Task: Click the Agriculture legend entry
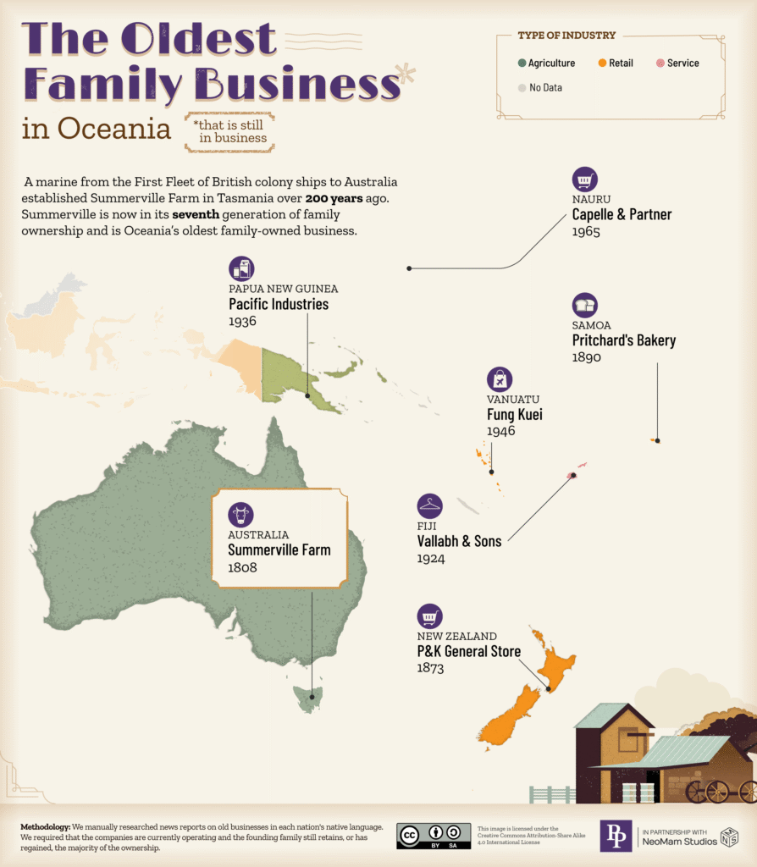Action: pos(546,64)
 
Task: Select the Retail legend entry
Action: pos(616,64)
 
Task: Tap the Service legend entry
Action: pos(677,64)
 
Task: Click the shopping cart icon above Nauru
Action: pos(584,179)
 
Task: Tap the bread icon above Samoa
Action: pos(584,305)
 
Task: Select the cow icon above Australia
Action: pos(240,514)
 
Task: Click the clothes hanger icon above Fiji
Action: pos(430,506)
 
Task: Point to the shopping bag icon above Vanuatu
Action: pos(500,379)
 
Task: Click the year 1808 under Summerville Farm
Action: pos(242,567)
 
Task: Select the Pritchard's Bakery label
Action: pos(623,340)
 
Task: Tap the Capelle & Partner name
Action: pos(622,214)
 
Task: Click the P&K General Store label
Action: pos(468,651)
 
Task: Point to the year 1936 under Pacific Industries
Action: pos(242,322)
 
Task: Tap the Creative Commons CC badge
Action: pos(410,835)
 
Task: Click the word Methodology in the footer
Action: pos(45,826)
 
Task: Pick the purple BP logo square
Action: pos(616,835)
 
